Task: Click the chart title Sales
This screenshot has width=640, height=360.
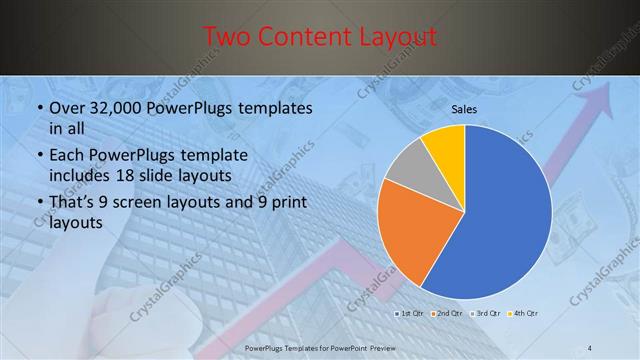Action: pos(464,108)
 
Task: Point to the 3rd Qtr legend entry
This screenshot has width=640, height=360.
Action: pos(482,314)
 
